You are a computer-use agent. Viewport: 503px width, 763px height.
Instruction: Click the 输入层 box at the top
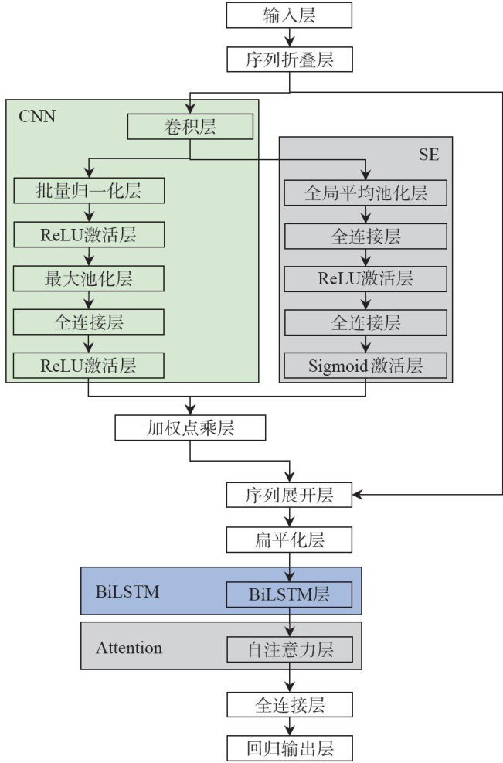(x=289, y=15)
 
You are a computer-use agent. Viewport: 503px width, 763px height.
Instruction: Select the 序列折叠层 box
(x=289, y=60)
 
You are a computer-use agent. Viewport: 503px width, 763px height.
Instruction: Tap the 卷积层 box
(x=190, y=126)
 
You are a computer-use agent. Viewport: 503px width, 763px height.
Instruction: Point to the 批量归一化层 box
(x=89, y=190)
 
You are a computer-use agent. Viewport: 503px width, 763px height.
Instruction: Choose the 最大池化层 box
(x=89, y=278)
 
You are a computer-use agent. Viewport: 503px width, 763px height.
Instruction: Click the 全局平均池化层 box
(x=365, y=192)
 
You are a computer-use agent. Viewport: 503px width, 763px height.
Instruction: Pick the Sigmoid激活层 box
(x=365, y=364)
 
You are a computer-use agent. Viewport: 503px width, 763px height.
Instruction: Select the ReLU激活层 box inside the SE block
(x=365, y=278)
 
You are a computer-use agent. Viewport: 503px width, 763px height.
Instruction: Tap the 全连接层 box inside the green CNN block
(x=89, y=322)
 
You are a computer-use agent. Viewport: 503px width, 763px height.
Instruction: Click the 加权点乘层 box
(x=190, y=427)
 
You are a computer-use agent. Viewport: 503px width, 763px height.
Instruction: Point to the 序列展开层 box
(x=289, y=495)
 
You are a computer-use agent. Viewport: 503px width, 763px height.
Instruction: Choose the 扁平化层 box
(x=289, y=539)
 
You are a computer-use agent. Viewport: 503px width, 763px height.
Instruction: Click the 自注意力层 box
(x=289, y=649)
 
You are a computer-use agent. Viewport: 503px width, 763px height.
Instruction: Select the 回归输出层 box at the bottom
(x=289, y=748)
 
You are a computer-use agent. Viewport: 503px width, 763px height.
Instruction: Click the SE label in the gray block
(x=430, y=154)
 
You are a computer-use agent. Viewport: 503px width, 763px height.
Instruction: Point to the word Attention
(x=128, y=648)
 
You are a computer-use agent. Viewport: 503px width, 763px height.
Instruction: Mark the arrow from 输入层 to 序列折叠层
(x=289, y=37)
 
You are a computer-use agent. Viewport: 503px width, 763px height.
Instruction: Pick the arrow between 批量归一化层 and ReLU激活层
(x=89, y=213)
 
